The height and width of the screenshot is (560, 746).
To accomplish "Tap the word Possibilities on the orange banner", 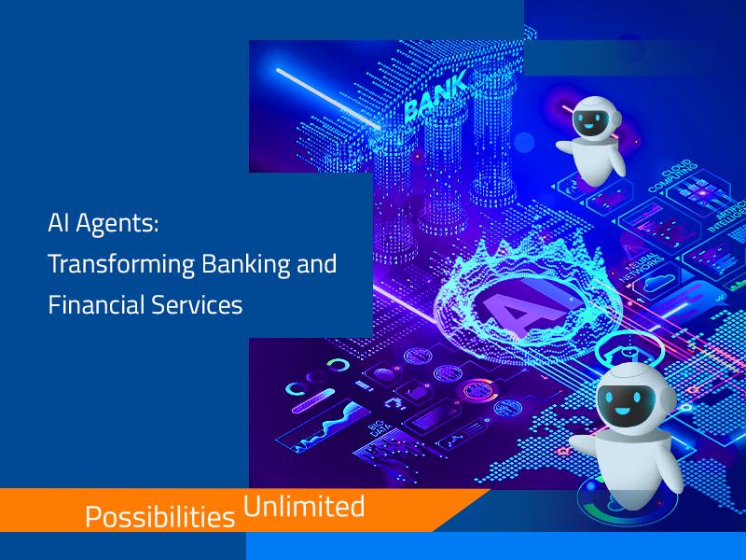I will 159,516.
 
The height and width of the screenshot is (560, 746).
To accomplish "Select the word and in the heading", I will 315,265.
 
